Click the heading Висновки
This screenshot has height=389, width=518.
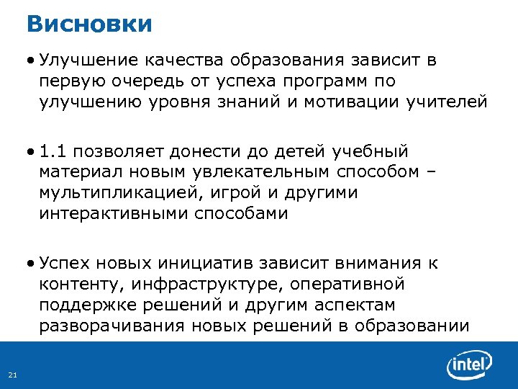pyautogui.click(x=89, y=23)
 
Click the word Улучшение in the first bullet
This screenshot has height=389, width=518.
pyautogui.click(x=89, y=60)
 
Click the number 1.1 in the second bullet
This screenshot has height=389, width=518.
pyautogui.click(x=54, y=152)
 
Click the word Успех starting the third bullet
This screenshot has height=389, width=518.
pyautogui.click(x=66, y=264)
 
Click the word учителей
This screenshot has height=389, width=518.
pyautogui.click(x=446, y=101)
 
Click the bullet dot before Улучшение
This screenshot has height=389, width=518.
pyautogui.click(x=33, y=60)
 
